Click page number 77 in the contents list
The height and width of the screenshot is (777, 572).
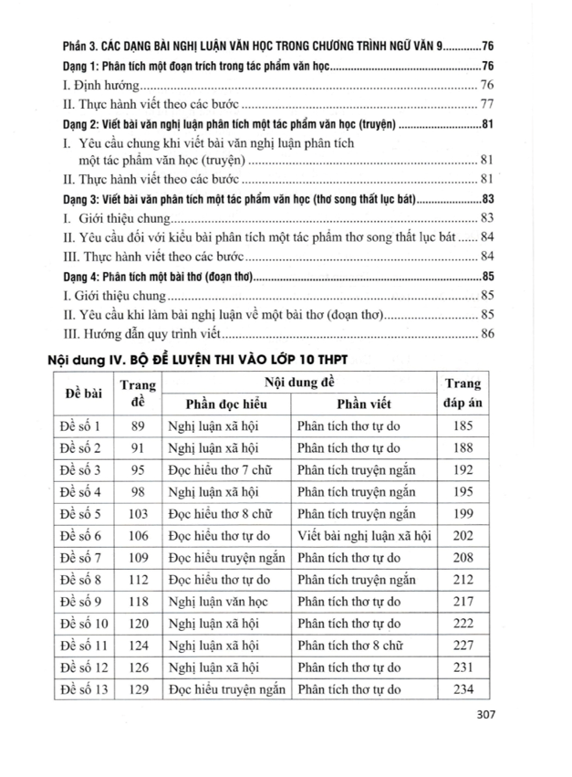click(486, 102)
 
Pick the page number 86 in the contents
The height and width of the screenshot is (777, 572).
click(486, 334)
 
